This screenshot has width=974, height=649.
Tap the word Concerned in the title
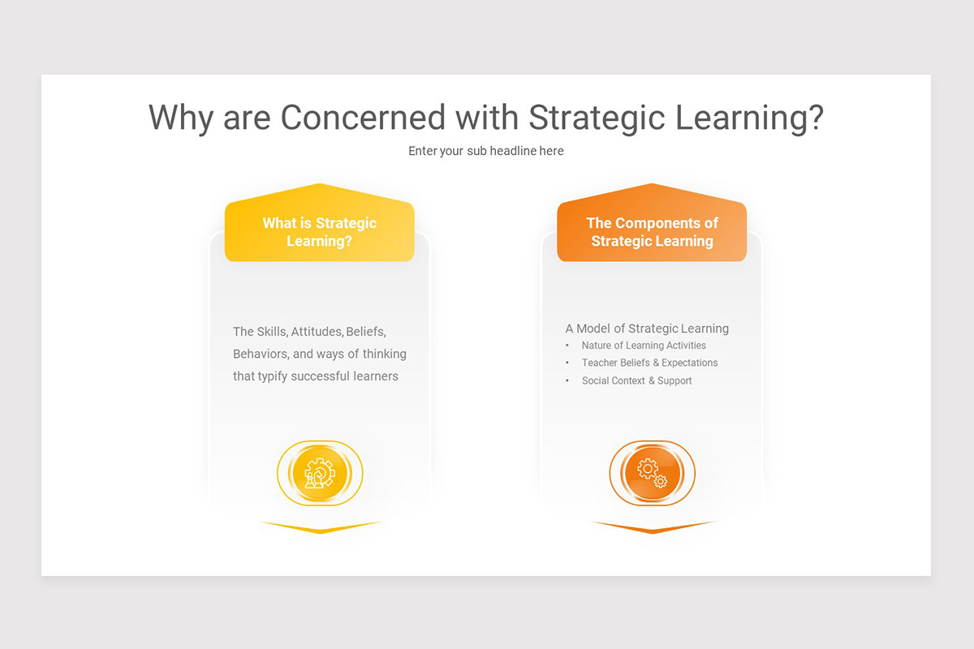click(363, 118)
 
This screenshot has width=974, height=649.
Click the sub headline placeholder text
click(485, 151)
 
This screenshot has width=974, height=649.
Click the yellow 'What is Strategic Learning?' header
click(319, 232)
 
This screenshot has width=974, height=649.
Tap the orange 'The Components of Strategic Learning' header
click(652, 232)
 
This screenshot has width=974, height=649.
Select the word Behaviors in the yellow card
click(260, 354)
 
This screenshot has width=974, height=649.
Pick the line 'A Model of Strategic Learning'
click(647, 329)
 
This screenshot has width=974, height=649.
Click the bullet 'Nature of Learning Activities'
click(644, 346)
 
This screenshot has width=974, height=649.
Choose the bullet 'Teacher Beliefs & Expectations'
click(649, 363)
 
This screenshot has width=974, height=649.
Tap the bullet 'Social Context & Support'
click(636, 380)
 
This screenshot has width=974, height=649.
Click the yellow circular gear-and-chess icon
click(320, 474)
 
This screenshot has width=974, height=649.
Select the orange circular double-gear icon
click(652, 474)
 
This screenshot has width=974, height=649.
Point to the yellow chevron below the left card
click(320, 528)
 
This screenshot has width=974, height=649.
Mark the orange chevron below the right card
click(652, 528)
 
